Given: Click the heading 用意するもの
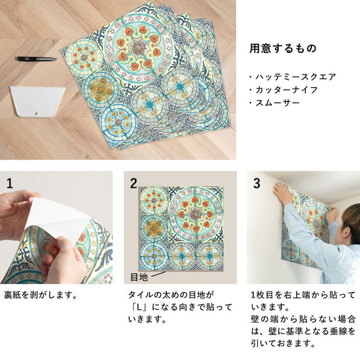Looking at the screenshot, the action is (283, 48).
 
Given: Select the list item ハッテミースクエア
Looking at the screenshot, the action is (295, 77).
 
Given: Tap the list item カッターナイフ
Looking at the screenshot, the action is (287, 90).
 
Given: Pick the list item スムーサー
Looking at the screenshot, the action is (278, 103).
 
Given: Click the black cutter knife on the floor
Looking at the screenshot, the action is (37, 59).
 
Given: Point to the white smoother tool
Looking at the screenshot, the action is (37, 101).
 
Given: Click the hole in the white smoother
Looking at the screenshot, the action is (36, 113).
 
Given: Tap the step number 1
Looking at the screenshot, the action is (10, 183).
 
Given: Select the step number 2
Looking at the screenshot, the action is (134, 183).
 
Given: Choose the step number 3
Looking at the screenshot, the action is (257, 183).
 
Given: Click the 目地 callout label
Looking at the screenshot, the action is (139, 277).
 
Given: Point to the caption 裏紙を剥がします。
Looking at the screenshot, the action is (41, 295).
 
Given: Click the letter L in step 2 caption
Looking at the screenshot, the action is (139, 307).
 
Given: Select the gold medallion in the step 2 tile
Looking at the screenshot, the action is (153, 227).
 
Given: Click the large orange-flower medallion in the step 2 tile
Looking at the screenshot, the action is (196, 214).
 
